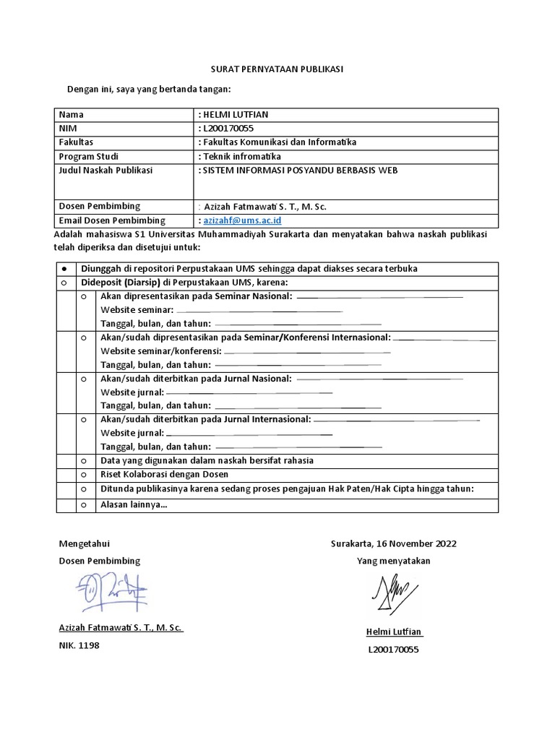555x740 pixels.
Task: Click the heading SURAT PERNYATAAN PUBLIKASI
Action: (277, 69)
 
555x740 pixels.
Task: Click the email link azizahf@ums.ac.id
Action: (242, 220)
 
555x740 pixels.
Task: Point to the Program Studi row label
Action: (89, 156)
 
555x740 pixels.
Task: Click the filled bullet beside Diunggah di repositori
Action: (66, 268)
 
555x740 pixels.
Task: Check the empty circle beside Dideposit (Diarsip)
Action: (66, 282)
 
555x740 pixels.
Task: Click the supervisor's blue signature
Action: (110, 591)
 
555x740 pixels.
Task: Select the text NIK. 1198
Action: (79, 645)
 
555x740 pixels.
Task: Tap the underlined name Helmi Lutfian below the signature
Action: (394, 632)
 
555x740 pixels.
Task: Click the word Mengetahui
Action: (84, 543)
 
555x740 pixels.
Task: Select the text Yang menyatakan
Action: (393, 561)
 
